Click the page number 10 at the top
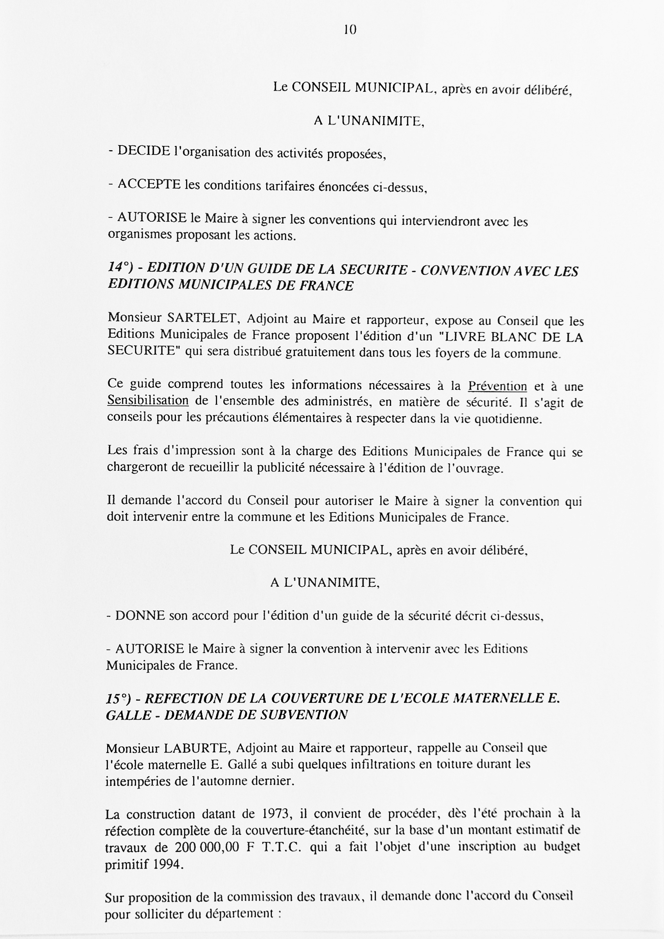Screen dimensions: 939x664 click(x=350, y=29)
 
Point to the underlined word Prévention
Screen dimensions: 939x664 click(x=497, y=386)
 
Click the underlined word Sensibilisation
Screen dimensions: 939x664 click(x=148, y=400)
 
